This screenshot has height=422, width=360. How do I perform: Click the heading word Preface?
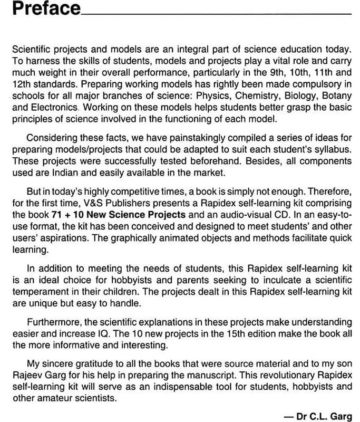46,9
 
